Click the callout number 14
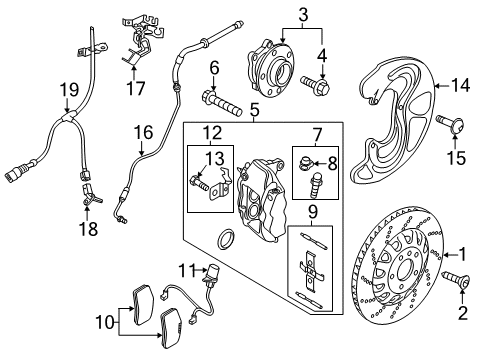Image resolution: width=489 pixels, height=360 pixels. [x=460, y=85]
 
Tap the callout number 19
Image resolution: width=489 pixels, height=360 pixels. [x=69, y=90]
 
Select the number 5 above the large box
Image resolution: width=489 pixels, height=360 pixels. [x=254, y=109]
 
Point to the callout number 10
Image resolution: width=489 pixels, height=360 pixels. [x=106, y=322]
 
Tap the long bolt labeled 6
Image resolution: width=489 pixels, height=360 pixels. [x=221, y=103]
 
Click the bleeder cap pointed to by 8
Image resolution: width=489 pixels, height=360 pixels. [x=306, y=163]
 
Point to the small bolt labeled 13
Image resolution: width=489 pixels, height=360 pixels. [x=199, y=183]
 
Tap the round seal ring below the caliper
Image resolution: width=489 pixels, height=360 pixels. [x=226, y=239]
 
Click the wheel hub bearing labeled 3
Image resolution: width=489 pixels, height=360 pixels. [x=270, y=68]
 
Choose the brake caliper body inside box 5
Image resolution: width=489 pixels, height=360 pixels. [x=261, y=199]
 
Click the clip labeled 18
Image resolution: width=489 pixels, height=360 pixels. [x=90, y=194]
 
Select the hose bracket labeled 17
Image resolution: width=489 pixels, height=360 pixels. [x=142, y=40]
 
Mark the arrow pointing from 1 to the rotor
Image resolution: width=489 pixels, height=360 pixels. [x=450, y=255]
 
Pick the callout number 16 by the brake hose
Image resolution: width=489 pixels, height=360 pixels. [x=143, y=132]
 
